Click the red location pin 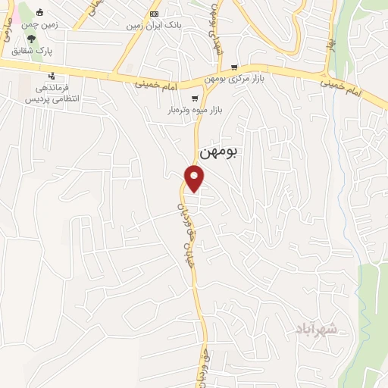pos(196,178)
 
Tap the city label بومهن pos(217,152)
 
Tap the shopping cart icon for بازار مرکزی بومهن pos(234,67)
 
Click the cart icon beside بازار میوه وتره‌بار pos(196,99)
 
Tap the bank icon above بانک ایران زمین pos(155,14)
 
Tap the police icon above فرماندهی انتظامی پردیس pos(51,75)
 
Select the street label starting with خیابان pos(182,227)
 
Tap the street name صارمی pos(7,29)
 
